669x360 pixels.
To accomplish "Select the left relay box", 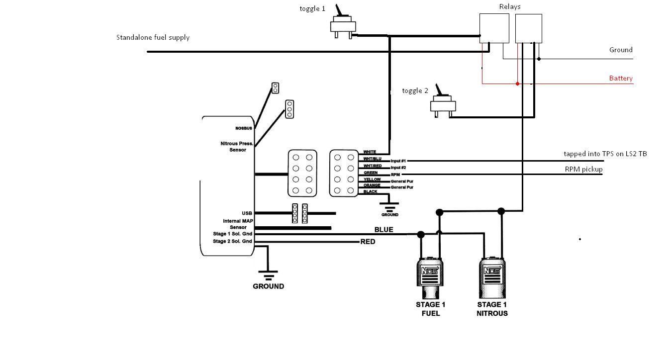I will click(494, 28).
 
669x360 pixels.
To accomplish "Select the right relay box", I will click(528, 28).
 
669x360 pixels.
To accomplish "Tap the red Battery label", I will click(621, 78).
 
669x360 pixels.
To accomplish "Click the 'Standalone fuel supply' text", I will click(153, 37).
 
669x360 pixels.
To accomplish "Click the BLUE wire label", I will click(384, 230).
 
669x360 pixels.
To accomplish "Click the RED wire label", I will click(368, 242).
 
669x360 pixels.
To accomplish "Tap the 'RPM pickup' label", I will click(583, 169).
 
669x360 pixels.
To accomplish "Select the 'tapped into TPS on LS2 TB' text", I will click(605, 154).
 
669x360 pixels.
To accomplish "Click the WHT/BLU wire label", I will click(372, 159).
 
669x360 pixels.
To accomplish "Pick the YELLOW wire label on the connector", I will click(372, 180).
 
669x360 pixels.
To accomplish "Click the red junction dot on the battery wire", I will click(518, 84).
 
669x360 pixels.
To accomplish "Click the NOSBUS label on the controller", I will click(244, 128).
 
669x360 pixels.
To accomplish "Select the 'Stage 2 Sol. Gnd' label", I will click(232, 242).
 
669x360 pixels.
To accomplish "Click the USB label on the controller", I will click(247, 213).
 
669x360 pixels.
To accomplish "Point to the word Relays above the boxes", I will click(510, 6).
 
